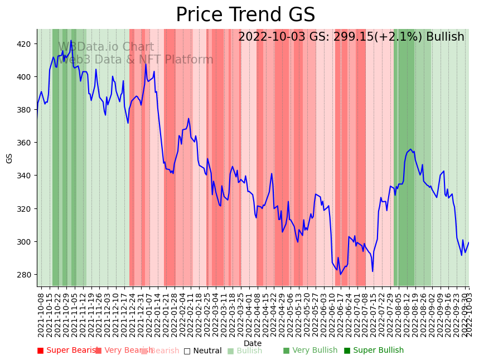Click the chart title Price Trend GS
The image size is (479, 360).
245,15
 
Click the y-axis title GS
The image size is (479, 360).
9,158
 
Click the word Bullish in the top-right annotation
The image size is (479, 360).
445,37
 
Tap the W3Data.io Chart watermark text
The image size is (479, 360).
106,47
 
